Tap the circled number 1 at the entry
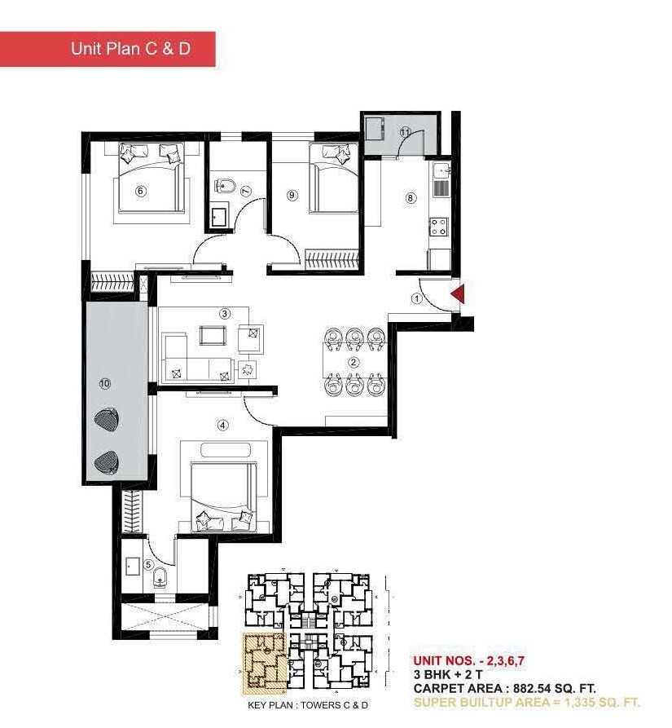pos(417,299)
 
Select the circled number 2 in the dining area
pos(354,362)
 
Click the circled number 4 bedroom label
pos(222,424)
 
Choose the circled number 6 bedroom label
pos(140,191)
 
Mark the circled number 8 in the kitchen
pos(411,196)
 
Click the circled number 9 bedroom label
pos(292,194)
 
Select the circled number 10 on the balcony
pos(103,382)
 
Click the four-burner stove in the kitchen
pos(438,226)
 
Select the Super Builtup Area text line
pos(526,702)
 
